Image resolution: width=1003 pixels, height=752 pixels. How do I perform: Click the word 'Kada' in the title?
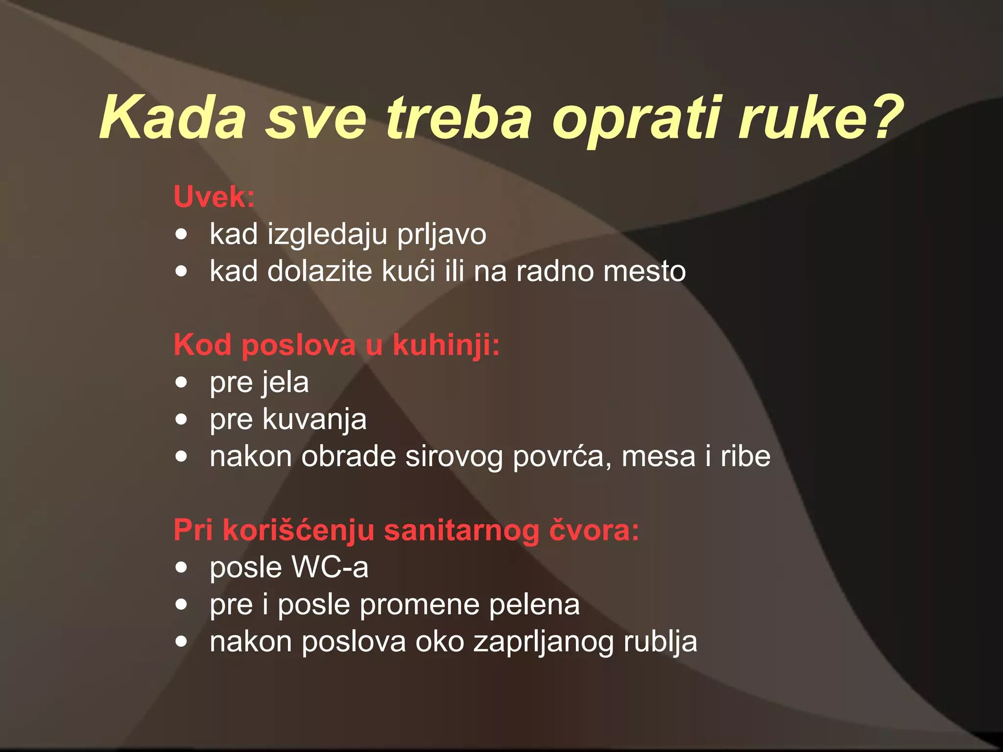click(172, 118)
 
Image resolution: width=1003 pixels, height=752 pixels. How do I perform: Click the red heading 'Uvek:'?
click(214, 197)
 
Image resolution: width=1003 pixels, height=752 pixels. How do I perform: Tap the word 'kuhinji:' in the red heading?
click(446, 345)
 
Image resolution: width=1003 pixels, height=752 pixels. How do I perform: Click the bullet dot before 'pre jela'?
click(182, 382)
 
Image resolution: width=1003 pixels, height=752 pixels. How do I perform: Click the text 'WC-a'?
click(330, 567)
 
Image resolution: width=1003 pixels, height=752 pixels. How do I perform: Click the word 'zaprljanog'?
click(543, 642)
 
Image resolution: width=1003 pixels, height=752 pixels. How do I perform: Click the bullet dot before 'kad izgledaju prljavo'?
click(182, 234)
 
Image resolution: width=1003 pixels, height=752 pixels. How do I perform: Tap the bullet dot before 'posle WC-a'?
click(182, 567)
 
